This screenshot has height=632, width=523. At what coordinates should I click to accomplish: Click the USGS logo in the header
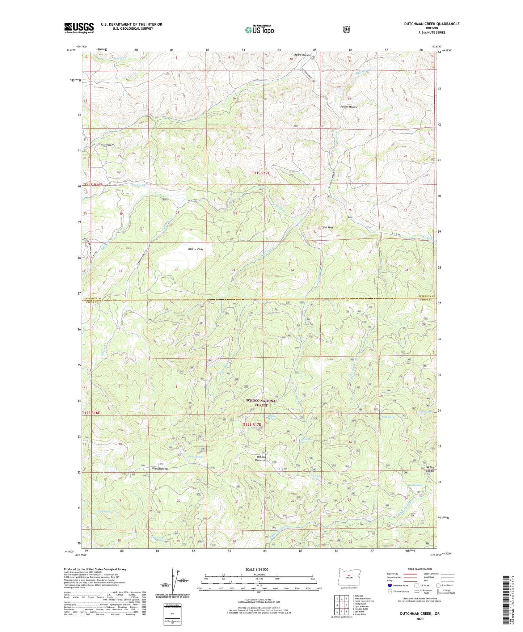[x=79, y=28]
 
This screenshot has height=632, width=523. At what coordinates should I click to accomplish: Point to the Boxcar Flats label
[x=196, y=249]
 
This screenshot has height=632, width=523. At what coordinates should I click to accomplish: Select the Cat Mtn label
[x=328, y=228]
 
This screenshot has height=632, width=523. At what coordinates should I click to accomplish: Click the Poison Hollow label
[x=349, y=107]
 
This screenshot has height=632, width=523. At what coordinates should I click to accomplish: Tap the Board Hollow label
[x=302, y=55]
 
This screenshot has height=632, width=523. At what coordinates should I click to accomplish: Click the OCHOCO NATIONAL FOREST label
[x=261, y=403]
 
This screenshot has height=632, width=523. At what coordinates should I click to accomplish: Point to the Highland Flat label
[x=160, y=469]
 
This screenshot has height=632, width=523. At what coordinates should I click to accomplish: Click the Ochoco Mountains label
[x=261, y=458]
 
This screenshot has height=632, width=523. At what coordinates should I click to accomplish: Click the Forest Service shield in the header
[x=347, y=29]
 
